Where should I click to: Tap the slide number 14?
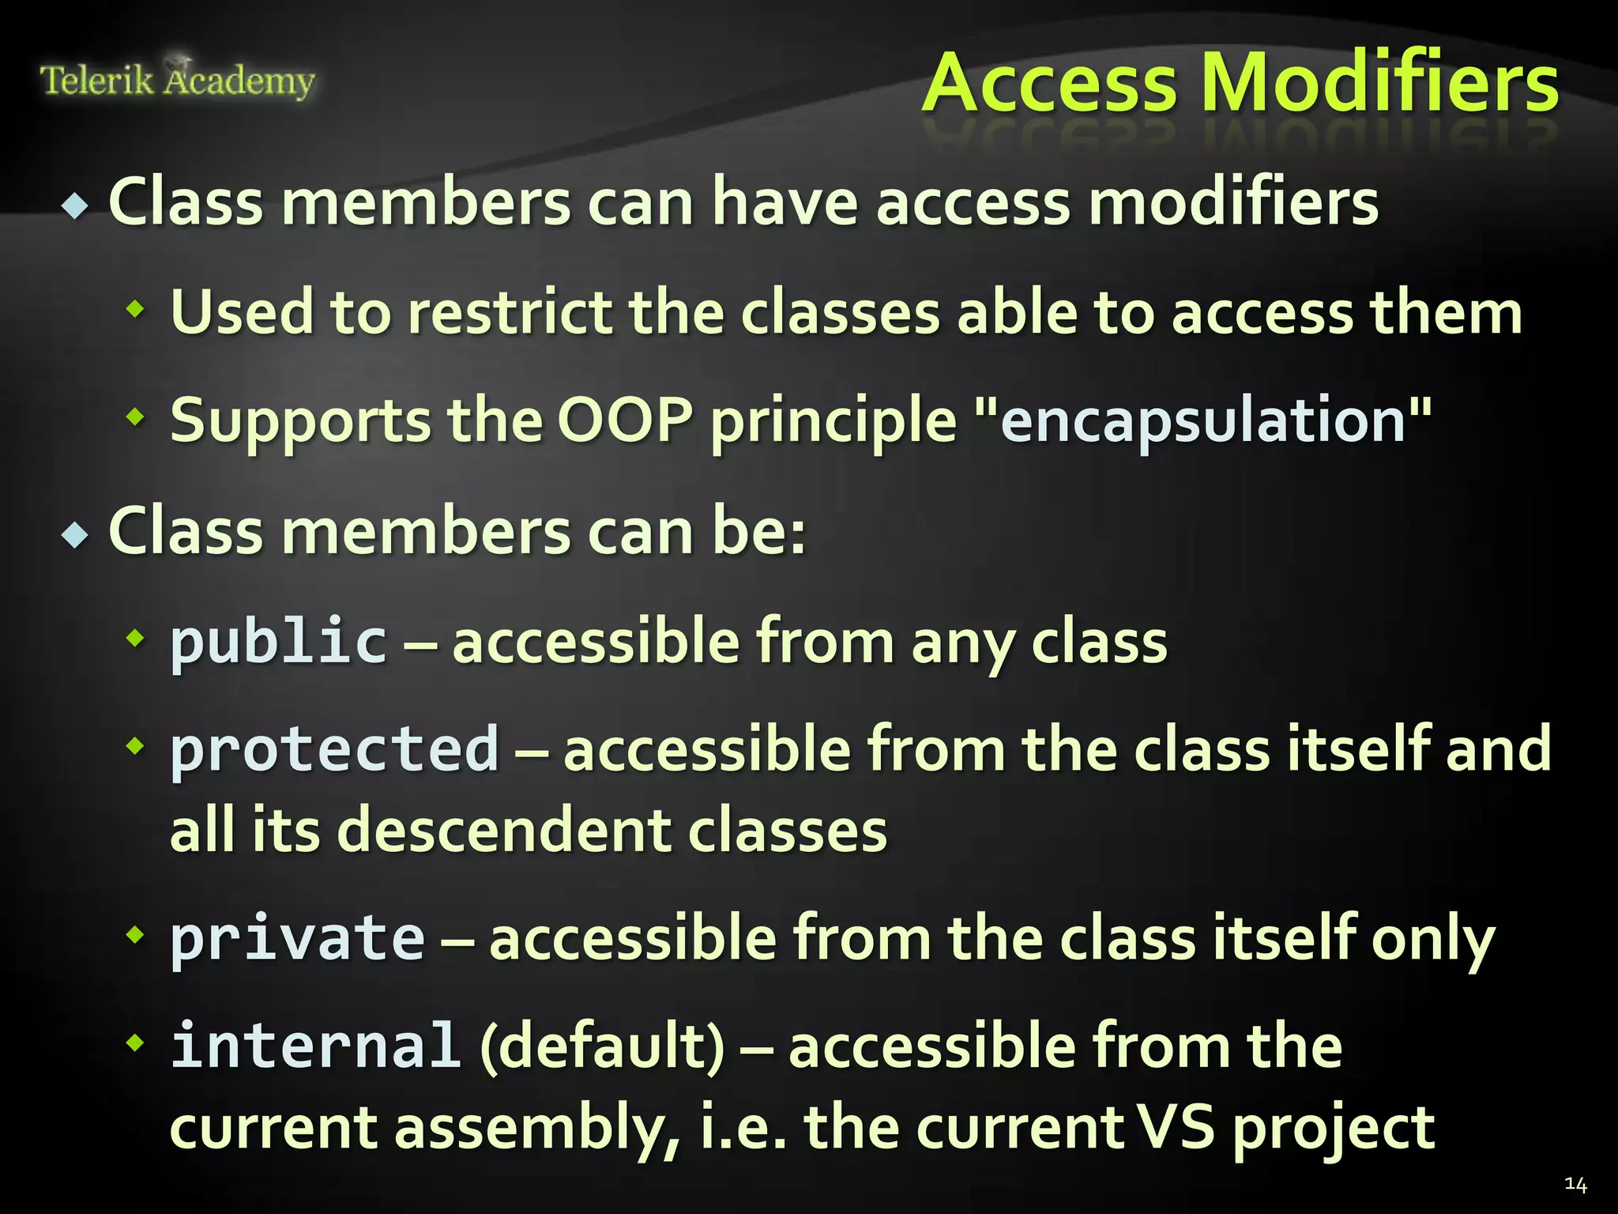tap(1575, 1184)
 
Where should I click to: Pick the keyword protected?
tap(334, 749)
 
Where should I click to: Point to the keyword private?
tap(297, 938)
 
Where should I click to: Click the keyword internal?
tap(315, 1046)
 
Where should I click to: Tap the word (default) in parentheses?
tap(602, 1046)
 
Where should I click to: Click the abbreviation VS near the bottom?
tap(1176, 1127)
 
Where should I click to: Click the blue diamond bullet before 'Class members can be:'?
tap(76, 535)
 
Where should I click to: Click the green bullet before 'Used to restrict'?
tap(136, 309)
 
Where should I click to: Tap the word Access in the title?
tap(1050, 84)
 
